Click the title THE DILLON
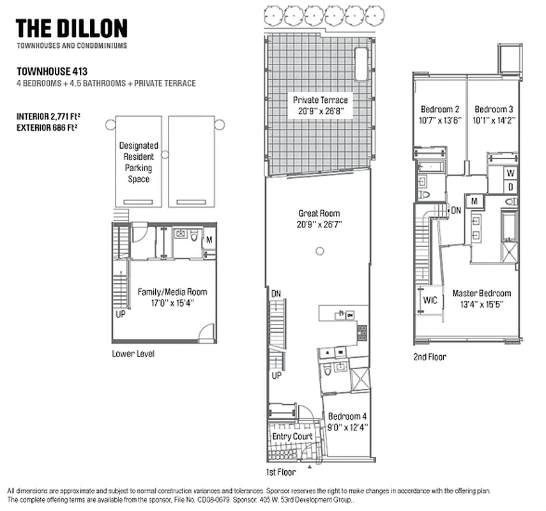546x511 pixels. (72, 28)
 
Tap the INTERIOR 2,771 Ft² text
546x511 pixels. (52, 117)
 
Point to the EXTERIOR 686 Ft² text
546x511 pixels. (52, 128)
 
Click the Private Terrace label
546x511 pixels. (321, 100)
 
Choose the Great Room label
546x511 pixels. (319, 213)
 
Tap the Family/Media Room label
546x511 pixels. (172, 292)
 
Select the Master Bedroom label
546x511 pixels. (482, 293)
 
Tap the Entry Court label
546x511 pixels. (292, 436)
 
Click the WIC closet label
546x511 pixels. (430, 301)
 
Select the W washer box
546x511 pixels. (510, 172)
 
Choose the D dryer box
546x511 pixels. (510, 187)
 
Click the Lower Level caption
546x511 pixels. (133, 353)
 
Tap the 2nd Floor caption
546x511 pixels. (430, 357)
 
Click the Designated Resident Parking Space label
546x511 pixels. (139, 162)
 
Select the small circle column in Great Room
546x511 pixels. (319, 251)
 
